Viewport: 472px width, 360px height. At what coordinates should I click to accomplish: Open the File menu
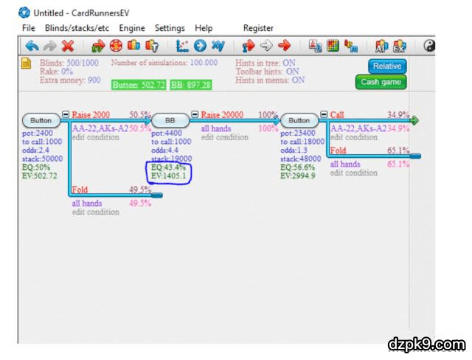coord(29,28)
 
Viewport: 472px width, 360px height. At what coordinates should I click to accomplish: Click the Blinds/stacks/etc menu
coord(77,28)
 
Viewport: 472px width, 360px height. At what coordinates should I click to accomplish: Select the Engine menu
coord(132,28)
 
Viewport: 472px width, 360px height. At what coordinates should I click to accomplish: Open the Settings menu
coord(170,28)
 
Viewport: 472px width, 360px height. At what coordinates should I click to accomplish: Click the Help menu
coord(204,28)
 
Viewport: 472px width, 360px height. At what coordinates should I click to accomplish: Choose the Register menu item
coord(258,28)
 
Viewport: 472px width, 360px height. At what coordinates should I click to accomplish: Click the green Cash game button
coord(381,82)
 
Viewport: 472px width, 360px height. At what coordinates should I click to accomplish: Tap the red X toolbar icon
coord(68,46)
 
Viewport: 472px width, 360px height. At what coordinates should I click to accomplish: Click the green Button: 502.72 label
coord(139,85)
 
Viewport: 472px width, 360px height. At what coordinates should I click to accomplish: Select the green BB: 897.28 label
coord(191,85)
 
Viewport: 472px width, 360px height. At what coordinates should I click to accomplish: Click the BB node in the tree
coord(170,120)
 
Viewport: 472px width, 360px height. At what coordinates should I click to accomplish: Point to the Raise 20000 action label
coord(221,115)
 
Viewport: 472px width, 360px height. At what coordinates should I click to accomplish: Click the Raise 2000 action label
coord(91,115)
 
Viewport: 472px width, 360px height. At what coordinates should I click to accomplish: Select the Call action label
coord(337,115)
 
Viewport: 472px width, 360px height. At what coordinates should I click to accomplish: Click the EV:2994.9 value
coord(298,176)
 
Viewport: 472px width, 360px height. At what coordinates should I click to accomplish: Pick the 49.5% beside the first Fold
coord(139,190)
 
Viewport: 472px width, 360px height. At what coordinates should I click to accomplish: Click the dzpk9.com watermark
coord(426,344)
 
